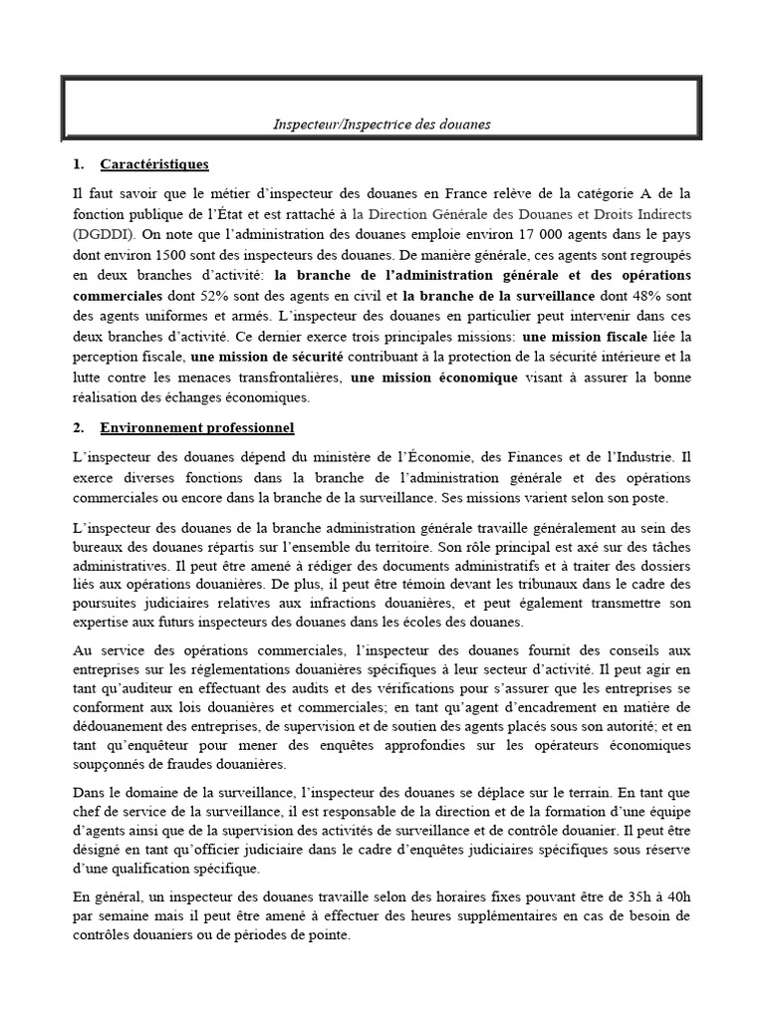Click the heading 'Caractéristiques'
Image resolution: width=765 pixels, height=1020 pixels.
154,163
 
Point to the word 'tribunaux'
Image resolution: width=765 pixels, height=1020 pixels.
520,584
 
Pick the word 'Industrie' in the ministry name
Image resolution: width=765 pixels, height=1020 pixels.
643,458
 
